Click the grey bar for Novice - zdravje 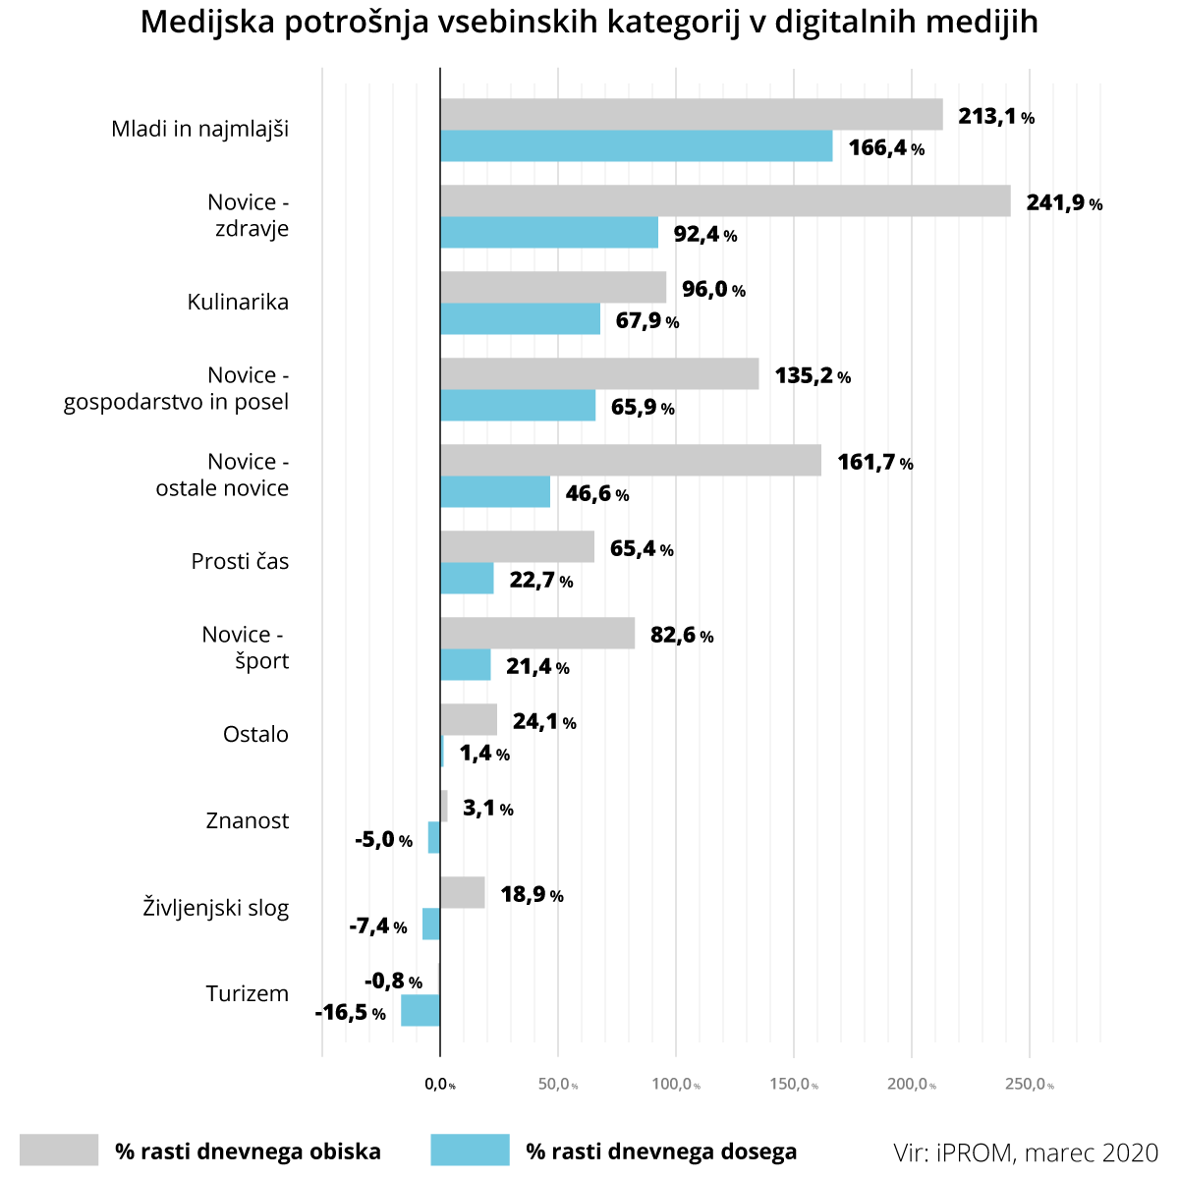(x=725, y=201)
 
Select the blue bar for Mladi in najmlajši (x=636, y=146)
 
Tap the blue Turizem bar (x=421, y=1011)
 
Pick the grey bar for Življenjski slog (x=463, y=893)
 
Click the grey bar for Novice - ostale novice (x=631, y=461)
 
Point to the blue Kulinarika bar (x=520, y=319)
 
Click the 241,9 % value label (x=1064, y=203)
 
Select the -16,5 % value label (x=350, y=1013)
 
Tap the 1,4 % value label (x=484, y=754)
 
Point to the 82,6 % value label (x=682, y=636)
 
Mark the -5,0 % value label (x=383, y=840)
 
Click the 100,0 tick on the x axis (x=676, y=1085)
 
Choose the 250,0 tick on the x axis (x=1030, y=1085)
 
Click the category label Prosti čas (x=241, y=561)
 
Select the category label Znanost (x=248, y=820)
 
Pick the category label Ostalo (x=256, y=734)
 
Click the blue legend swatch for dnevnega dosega (x=470, y=1151)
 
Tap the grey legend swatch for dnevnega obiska (x=59, y=1151)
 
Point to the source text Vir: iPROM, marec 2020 (x=1026, y=1151)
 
